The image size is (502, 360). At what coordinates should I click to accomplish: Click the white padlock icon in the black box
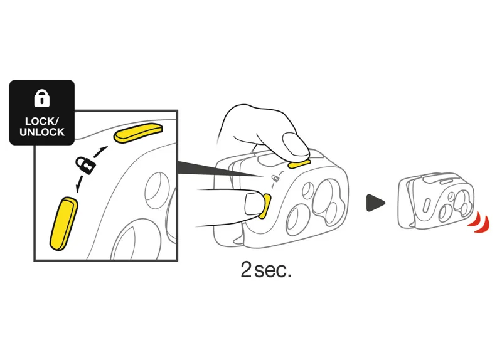tap(42, 98)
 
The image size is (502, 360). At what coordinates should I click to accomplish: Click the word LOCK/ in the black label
tap(42, 121)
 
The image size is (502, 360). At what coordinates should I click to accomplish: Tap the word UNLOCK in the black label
tap(42, 132)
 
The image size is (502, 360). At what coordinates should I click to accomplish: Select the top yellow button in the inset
tap(139, 133)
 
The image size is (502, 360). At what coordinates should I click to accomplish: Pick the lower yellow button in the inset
tap(64, 223)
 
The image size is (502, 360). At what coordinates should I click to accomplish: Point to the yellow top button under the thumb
tap(299, 164)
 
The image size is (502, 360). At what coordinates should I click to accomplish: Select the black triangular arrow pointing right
tap(375, 203)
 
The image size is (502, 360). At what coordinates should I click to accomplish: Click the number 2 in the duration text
tap(246, 270)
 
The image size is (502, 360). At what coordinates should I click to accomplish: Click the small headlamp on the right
tap(435, 201)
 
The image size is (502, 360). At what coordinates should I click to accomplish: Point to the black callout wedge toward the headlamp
tap(218, 169)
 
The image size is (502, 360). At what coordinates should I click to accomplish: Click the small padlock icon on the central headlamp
tap(275, 178)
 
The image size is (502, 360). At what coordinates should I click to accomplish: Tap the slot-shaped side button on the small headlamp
tap(427, 204)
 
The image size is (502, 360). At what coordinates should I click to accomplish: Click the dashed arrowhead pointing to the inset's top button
tap(103, 149)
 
